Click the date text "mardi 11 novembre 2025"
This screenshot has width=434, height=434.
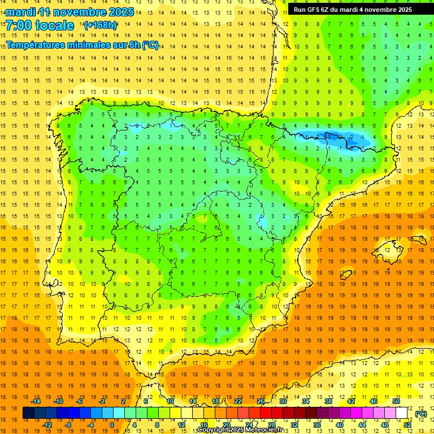click(70, 12)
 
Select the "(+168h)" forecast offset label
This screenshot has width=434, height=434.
click(100, 25)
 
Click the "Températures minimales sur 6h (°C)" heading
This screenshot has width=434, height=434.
click(83, 45)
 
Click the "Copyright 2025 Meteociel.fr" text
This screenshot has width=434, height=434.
click(240, 430)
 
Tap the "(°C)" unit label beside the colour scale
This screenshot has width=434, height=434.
click(420, 414)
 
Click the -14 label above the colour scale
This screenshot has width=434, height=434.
click(36, 401)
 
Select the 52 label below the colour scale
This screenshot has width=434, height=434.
click(407, 425)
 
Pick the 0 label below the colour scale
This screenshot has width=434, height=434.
click(111, 425)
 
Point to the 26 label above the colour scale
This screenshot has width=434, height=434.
click(260, 401)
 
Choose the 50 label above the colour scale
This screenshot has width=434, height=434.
click(396, 401)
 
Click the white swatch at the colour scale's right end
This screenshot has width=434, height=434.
click(402, 413)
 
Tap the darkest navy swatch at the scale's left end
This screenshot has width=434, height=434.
click(28, 413)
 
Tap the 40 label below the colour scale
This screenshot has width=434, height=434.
click(339, 425)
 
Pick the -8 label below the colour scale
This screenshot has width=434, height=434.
click(68, 425)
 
